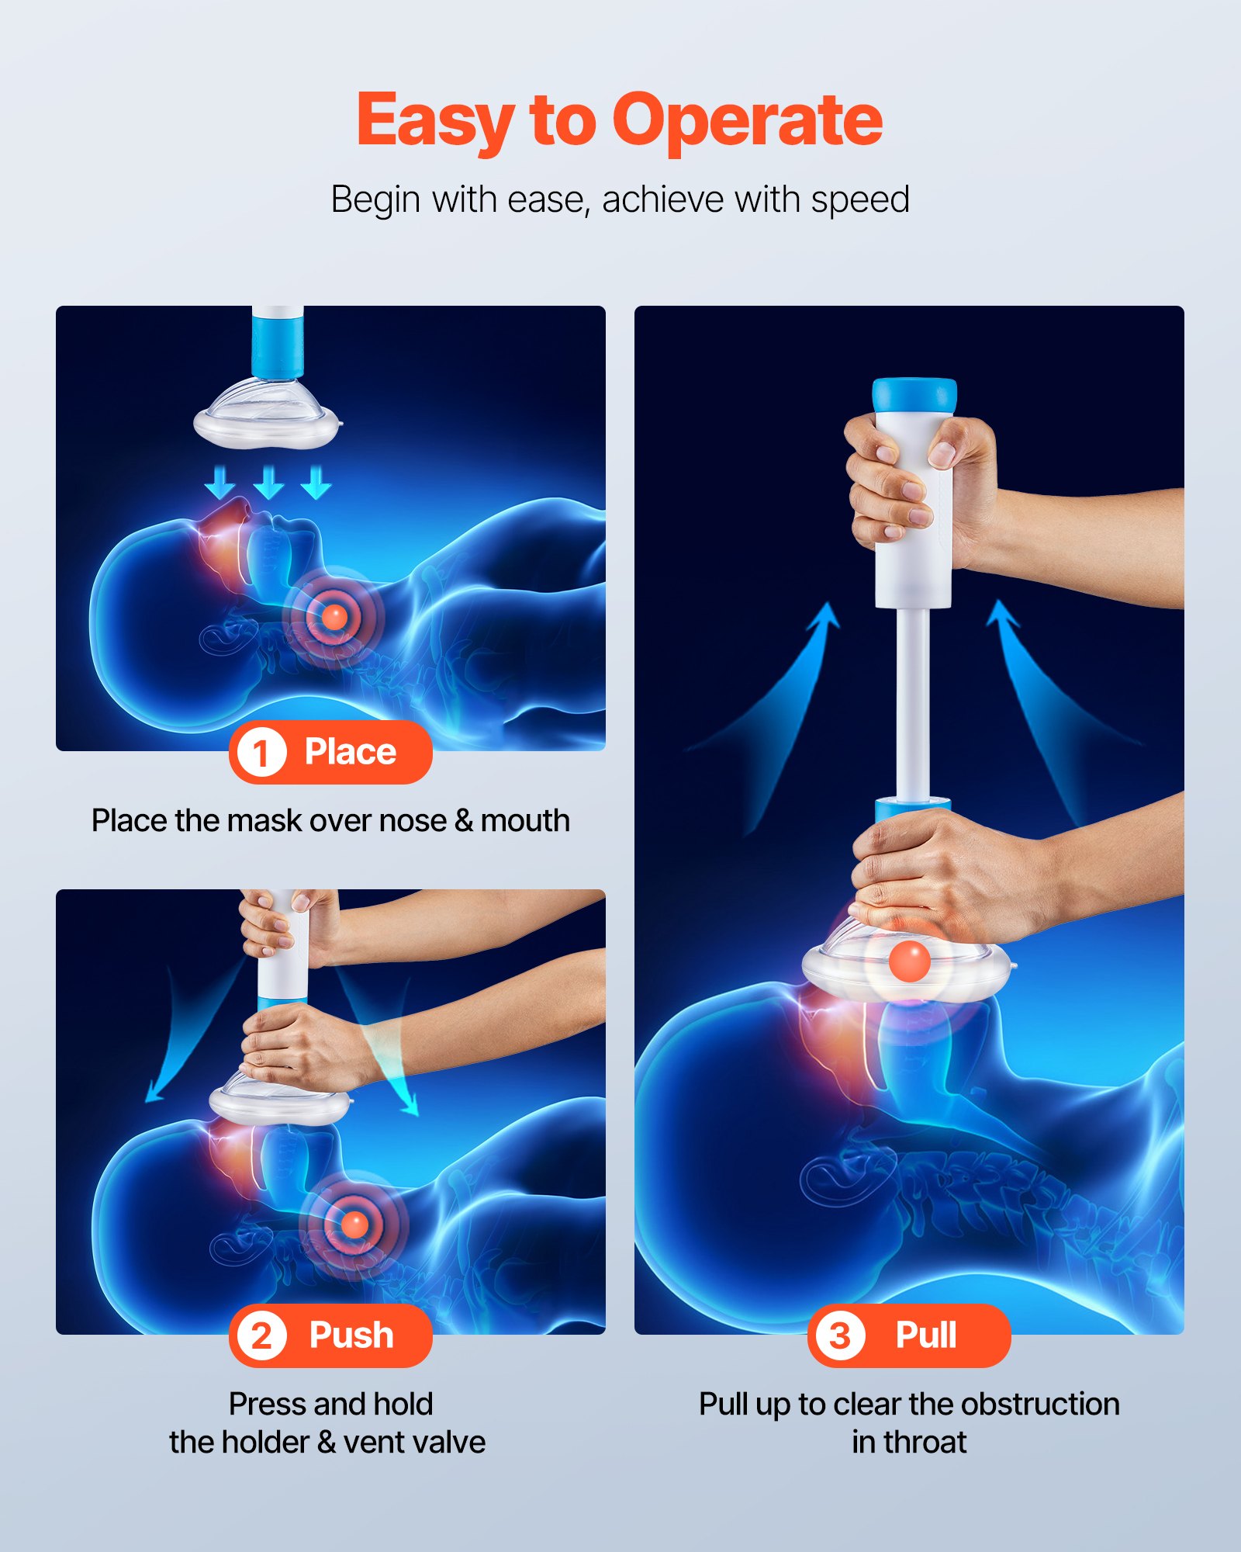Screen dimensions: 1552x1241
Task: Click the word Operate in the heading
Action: tap(747, 120)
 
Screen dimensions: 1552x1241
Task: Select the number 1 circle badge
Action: tap(261, 753)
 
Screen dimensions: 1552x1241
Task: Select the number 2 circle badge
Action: tap(261, 1336)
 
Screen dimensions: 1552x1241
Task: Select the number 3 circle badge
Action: tap(840, 1336)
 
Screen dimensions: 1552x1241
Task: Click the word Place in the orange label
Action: tap(350, 752)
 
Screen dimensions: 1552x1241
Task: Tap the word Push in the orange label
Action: tap(351, 1335)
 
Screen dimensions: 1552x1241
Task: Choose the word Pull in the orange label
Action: tap(926, 1335)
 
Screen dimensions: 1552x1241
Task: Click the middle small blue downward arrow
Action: tap(268, 482)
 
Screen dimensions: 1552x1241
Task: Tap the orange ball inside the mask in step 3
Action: tap(909, 961)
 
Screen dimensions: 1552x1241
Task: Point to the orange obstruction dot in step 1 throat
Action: tap(334, 617)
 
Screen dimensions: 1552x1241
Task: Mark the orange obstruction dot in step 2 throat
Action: tap(354, 1225)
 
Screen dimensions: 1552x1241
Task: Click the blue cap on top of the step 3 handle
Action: tap(914, 394)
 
